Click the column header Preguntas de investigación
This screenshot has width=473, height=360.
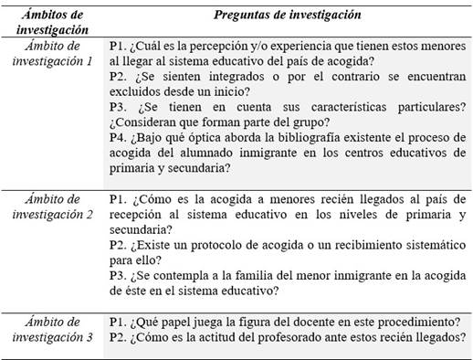point(287,16)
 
